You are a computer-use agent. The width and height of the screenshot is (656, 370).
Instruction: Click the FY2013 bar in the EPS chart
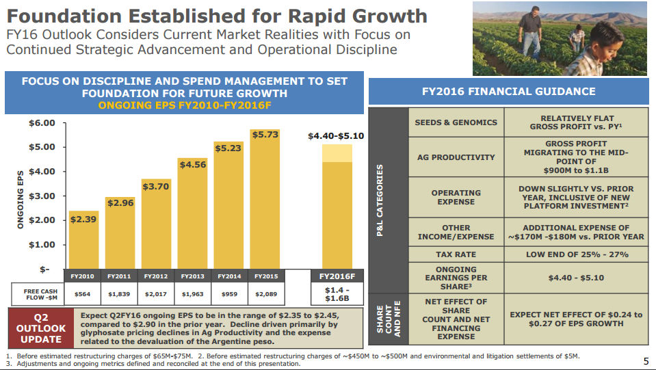[x=193, y=219]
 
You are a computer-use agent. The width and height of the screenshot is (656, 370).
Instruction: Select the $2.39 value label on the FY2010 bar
[x=83, y=220]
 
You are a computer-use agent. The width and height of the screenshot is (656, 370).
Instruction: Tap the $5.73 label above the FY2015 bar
[x=265, y=135]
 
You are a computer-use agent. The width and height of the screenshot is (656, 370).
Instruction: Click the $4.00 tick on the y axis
[x=42, y=172]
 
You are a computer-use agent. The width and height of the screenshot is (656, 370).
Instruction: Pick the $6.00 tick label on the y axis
[x=42, y=123]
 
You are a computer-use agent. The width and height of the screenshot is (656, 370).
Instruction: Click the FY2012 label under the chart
[x=156, y=276]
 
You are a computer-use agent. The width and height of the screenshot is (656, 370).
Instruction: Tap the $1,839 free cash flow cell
[x=120, y=294]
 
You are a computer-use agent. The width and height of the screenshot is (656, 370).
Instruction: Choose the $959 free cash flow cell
[x=229, y=294]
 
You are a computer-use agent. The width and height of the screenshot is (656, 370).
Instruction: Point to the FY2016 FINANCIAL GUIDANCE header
[x=508, y=92]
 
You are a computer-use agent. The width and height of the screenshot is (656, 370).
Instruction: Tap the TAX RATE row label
[x=456, y=254]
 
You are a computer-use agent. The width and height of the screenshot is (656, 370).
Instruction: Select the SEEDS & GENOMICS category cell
[x=456, y=123]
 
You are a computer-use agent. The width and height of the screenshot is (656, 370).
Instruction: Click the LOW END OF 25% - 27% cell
[x=576, y=254]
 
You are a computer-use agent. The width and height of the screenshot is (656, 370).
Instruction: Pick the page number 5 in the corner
[x=646, y=360]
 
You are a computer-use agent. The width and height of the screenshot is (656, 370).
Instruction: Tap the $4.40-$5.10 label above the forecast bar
[x=337, y=136]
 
